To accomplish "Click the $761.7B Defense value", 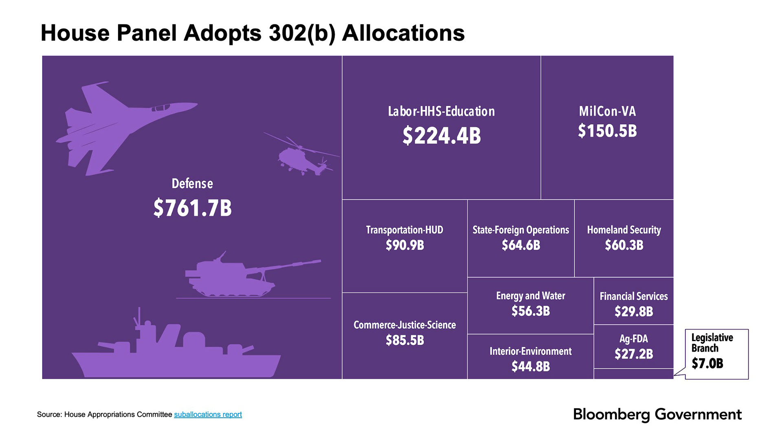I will [193, 208].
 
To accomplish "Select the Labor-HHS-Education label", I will [441, 111].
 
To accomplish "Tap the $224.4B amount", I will [442, 136].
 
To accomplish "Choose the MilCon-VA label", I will [607, 111].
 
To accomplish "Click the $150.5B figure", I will [607, 131].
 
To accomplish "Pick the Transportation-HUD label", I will [404, 230].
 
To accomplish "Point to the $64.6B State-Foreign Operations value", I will [521, 245].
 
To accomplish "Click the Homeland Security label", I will [624, 230].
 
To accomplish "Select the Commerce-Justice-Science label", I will [404, 325].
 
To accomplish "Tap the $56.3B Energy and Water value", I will [530, 311].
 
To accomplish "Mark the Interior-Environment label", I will [530, 351].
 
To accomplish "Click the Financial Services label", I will [633, 296].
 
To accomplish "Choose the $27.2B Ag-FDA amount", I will [633, 354].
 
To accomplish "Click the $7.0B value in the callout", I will [707, 363].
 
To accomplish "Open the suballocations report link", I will [208, 414].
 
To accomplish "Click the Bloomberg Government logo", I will [657, 414].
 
